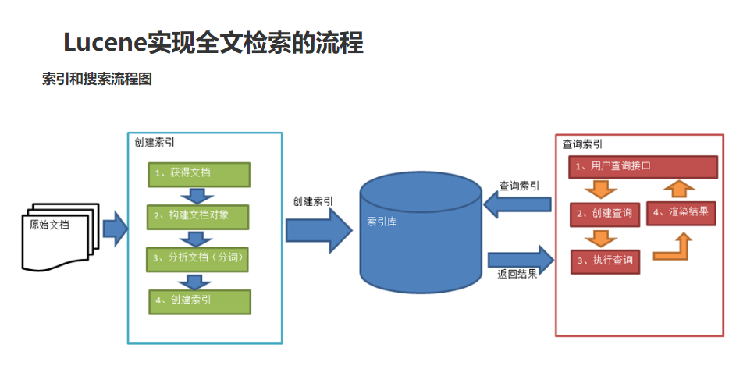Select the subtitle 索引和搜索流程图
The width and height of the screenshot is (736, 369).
97,78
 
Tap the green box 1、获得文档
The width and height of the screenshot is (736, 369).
199,175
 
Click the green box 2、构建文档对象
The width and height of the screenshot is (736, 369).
197,217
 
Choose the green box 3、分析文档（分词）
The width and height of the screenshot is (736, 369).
197,259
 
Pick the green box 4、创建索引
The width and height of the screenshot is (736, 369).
200,301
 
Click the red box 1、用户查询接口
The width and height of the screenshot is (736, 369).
643,167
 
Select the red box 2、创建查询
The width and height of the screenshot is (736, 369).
605,215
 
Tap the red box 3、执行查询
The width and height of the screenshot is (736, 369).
605,261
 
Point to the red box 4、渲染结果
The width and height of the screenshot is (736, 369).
681,213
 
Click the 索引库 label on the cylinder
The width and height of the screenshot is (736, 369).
382,222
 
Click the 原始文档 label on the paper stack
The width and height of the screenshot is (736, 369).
49,225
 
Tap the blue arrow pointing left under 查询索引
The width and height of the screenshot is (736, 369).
517,204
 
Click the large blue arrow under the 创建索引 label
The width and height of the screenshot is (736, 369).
319,231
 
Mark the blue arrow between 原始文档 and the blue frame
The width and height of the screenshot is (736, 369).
115,229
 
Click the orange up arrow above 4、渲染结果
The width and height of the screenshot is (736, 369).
679,190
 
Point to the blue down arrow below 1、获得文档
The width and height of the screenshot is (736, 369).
197,196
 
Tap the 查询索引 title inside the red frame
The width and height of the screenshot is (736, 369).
582,144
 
